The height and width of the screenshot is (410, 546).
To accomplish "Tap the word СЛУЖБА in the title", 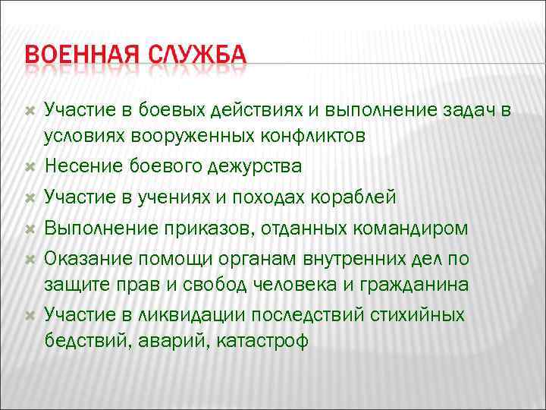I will pyautogui.click(x=198, y=57).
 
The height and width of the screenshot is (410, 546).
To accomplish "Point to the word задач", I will pyautogui.click(x=471, y=112).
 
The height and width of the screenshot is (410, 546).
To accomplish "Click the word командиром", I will pyautogui.click(x=410, y=229).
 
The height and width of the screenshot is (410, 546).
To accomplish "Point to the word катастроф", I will pyautogui.click(x=263, y=340).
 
